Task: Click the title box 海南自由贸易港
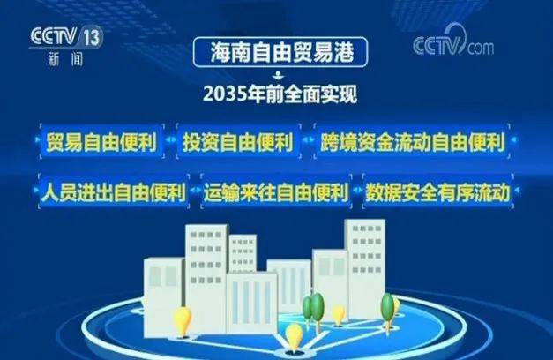pyautogui.click(x=280, y=52)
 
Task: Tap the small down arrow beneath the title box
pyautogui.click(x=279, y=75)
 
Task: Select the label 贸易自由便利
pyautogui.click(x=101, y=141)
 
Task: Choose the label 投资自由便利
pyautogui.click(x=238, y=141)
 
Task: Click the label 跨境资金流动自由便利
pyautogui.click(x=412, y=141)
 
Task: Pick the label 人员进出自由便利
pyautogui.click(x=114, y=191)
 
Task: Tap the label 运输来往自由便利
pyautogui.click(x=276, y=191)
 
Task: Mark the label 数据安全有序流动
pyautogui.click(x=437, y=191)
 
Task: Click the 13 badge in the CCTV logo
pyautogui.click(x=93, y=37)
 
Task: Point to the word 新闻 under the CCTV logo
pyautogui.click(x=65, y=58)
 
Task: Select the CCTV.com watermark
pyautogui.click(x=453, y=41)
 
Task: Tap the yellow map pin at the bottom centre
pyautogui.click(x=294, y=338)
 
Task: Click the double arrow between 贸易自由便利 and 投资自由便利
pyautogui.click(x=170, y=139)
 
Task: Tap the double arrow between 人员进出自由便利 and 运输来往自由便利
pyautogui.click(x=195, y=190)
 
